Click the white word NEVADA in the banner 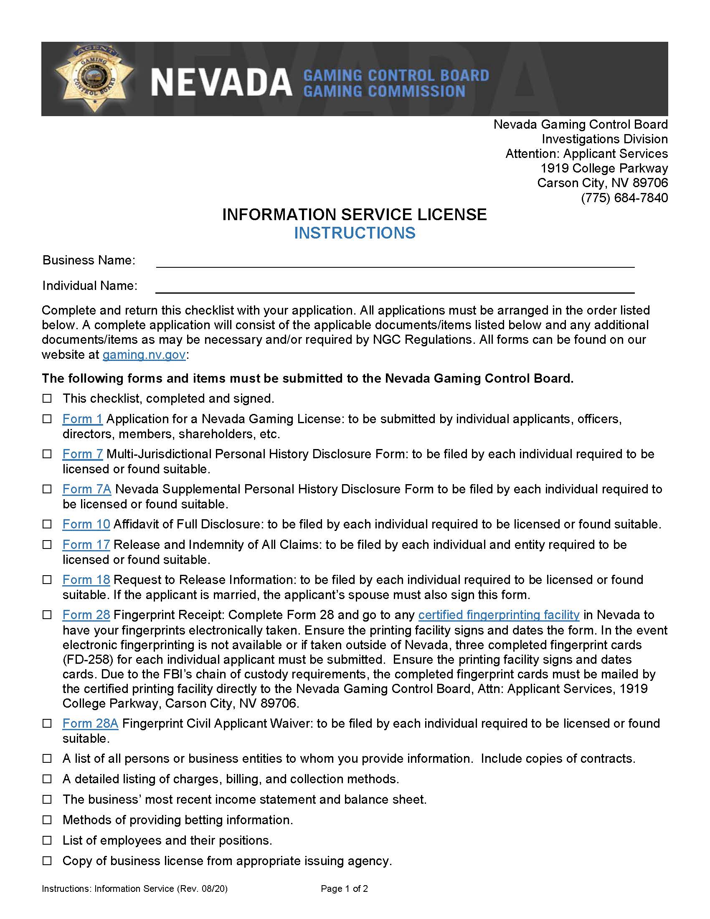click(x=221, y=82)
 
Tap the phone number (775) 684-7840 click(x=624, y=197)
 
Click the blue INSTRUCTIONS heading click(x=355, y=233)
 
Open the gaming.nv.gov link click(x=144, y=354)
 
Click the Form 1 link click(x=82, y=419)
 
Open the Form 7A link click(x=86, y=489)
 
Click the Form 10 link click(x=86, y=524)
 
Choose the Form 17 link click(x=86, y=544)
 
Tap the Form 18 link click(x=86, y=579)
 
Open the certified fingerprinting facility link click(x=498, y=615)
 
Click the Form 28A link click(x=90, y=724)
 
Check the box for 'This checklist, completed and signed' click(x=47, y=398)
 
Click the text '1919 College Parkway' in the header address click(x=604, y=168)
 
